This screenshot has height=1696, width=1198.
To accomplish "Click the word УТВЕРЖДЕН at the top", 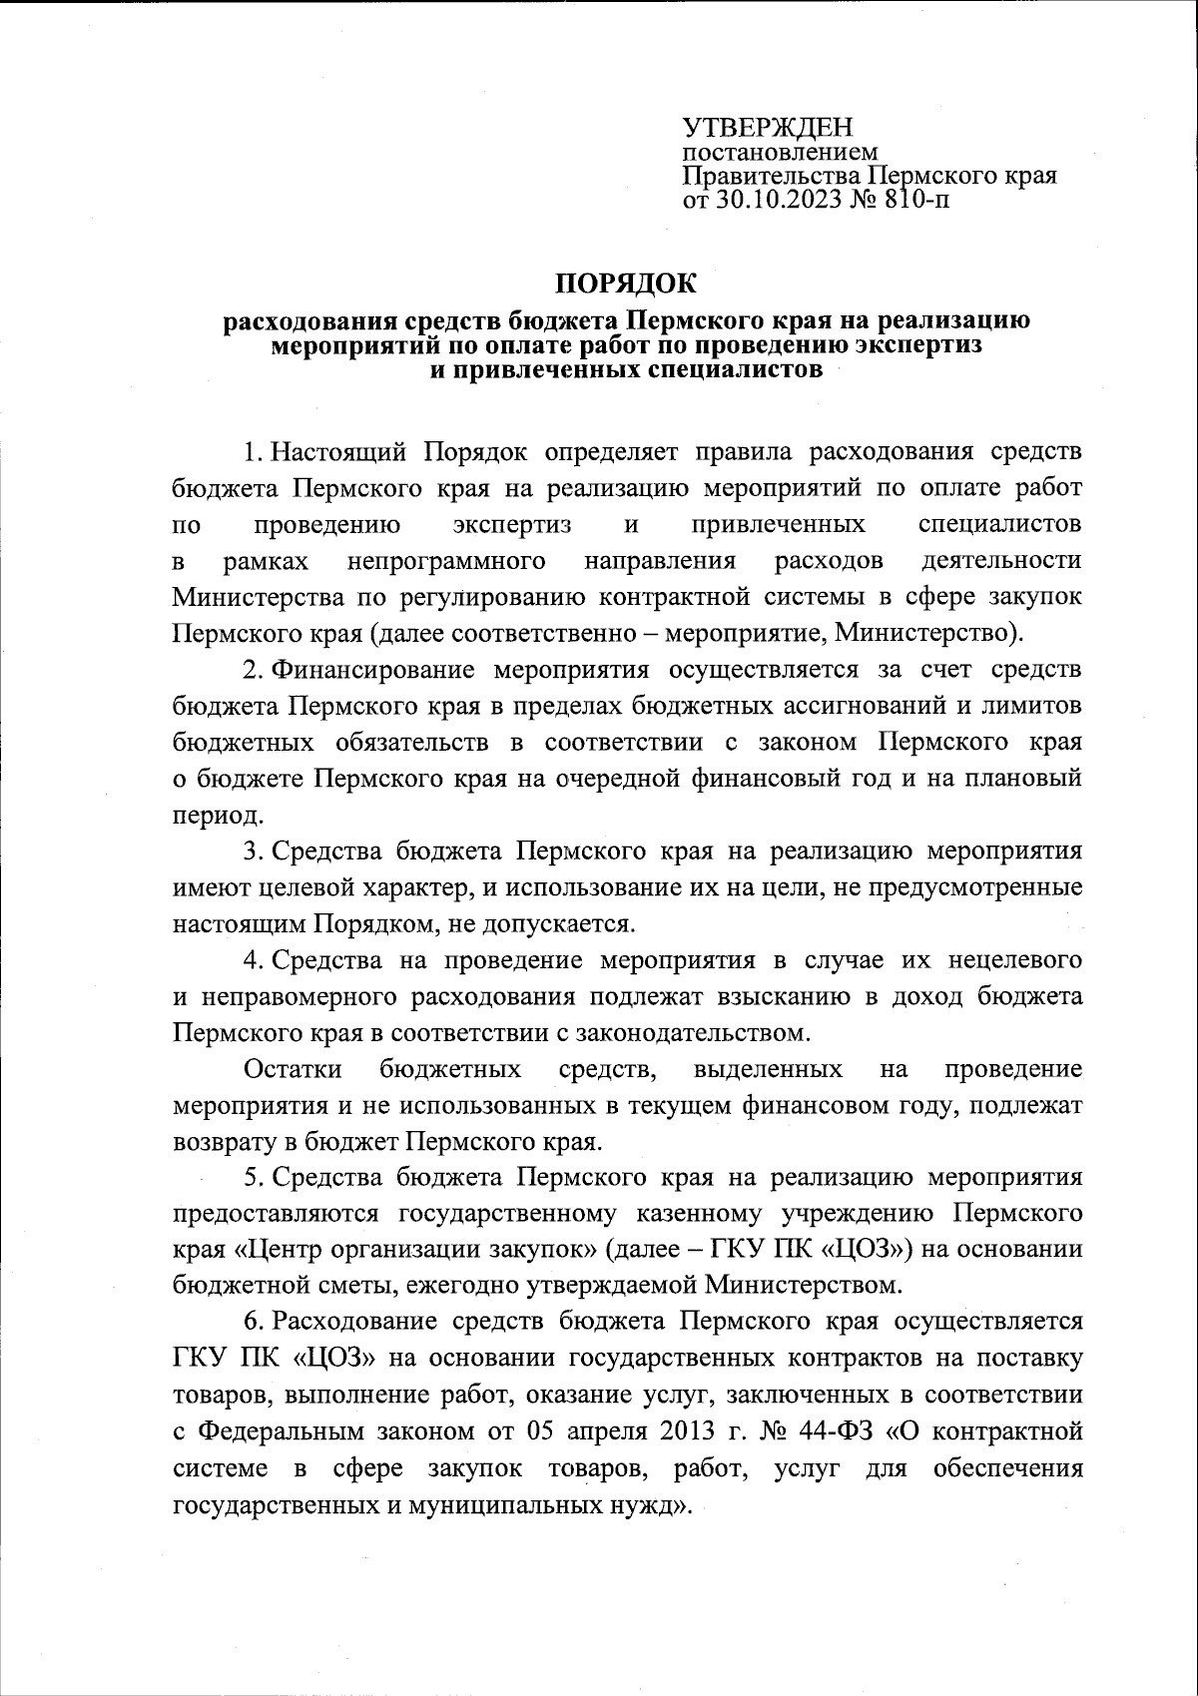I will pos(768,128).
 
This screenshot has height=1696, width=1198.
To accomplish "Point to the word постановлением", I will pos(780,153).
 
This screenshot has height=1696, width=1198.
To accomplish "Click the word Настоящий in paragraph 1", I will pos(338,451).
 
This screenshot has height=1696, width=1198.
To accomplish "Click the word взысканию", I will pos(765,996).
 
